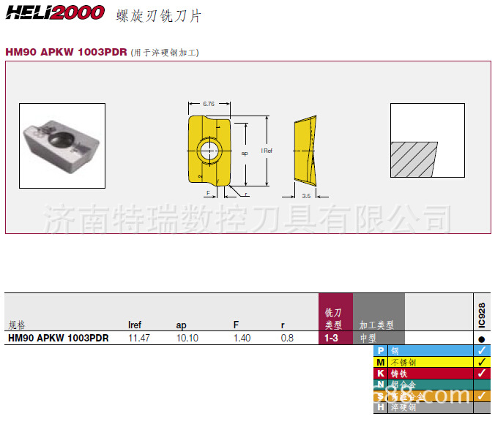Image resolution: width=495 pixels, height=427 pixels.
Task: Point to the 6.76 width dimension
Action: coord(209,104)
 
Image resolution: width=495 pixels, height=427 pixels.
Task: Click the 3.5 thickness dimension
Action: coord(306,196)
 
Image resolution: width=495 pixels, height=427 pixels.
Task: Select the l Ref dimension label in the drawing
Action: coord(267,151)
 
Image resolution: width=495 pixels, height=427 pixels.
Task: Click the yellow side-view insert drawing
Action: coord(306,150)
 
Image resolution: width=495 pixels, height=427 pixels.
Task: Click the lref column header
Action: coord(135,325)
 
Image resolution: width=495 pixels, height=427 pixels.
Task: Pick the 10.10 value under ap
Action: coord(187,339)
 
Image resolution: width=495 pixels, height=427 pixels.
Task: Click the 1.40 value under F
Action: coord(242,339)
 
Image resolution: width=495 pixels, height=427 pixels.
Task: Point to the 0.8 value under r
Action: coord(287,339)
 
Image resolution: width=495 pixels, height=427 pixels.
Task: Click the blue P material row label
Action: coord(381,351)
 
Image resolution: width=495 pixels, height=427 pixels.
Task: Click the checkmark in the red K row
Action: coord(481,373)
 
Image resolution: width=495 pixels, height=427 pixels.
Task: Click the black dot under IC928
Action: coord(481,339)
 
